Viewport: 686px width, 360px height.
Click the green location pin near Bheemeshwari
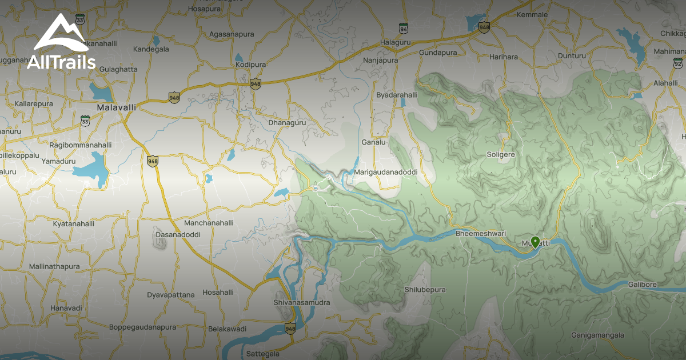coord(535,242)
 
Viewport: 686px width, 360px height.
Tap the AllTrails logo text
coord(61,62)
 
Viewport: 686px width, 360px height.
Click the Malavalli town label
coord(117,107)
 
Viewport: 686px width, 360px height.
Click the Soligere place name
coord(500,154)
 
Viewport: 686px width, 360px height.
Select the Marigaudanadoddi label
coord(386,172)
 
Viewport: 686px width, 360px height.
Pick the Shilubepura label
coord(425,290)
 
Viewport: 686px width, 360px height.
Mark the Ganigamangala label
coord(597,335)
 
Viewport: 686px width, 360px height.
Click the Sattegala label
coord(263,354)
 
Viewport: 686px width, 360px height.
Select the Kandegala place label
coord(151,49)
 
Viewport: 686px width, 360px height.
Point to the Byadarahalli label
coord(397,95)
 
